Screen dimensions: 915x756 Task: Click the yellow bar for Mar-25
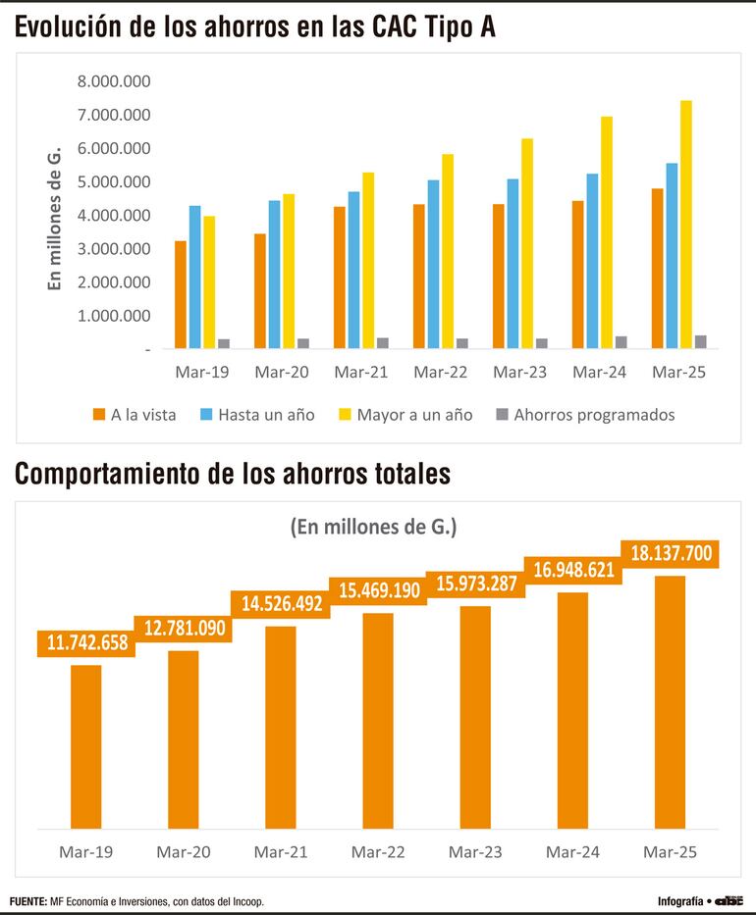(686, 225)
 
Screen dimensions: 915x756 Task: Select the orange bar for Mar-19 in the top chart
(181, 294)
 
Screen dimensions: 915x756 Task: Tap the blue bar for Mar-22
(434, 264)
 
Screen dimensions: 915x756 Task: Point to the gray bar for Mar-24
(621, 342)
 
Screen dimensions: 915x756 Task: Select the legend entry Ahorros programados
(585, 415)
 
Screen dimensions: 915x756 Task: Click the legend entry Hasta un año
(258, 415)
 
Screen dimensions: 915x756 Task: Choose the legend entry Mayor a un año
(405, 415)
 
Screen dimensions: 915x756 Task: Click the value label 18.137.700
(671, 554)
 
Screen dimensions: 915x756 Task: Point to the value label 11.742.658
(86, 643)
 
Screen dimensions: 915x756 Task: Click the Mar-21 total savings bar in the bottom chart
(281, 727)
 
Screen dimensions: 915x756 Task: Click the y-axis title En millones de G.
(56, 218)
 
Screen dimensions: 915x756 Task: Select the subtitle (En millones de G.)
(374, 527)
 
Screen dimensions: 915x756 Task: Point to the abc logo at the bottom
(729, 900)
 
